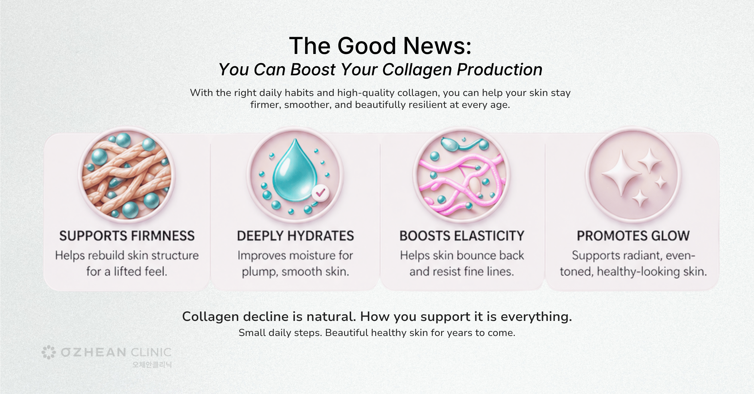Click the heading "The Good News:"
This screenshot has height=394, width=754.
[380, 46]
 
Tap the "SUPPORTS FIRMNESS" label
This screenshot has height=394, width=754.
[127, 236]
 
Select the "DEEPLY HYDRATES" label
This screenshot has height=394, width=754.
[295, 236]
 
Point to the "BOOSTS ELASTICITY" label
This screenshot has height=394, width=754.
[462, 236]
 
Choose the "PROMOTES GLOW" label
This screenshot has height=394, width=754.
[633, 236]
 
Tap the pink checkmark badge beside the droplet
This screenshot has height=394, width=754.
[320, 193]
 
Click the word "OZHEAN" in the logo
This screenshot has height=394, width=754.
[94, 352]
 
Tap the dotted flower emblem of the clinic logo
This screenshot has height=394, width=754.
[49, 352]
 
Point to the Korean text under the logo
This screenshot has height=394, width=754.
[152, 365]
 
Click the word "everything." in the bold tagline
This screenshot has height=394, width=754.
[536, 317]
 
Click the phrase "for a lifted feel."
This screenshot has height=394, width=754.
[127, 271]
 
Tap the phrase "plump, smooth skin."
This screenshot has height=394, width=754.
[295, 271]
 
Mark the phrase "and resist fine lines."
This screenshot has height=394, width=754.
[462, 271]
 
